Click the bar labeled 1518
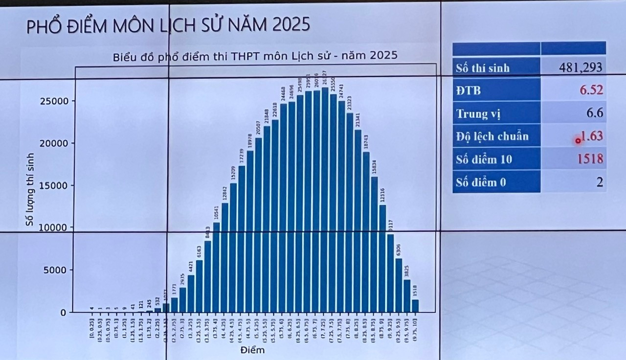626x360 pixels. tap(415, 306)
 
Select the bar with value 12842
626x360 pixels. tap(225, 257)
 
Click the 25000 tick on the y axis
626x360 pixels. tap(54, 101)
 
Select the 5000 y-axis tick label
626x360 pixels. tap(57, 270)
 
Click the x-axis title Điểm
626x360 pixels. tap(253, 350)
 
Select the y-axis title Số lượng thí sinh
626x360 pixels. tap(30, 189)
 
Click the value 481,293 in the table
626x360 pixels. tap(581, 67)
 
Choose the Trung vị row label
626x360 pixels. tap(478, 114)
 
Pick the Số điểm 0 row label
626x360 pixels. tap(481, 182)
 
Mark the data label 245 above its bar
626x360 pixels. tap(149, 303)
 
